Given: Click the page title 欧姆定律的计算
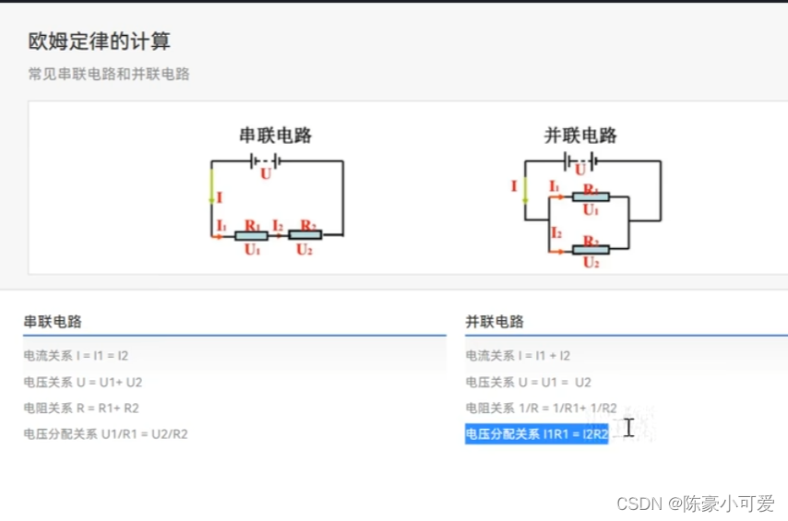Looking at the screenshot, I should pos(99,41).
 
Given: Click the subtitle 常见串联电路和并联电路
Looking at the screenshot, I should pos(109,74).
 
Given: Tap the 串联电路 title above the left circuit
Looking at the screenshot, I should pos(276,136).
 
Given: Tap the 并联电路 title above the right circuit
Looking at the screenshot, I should pos(580,136).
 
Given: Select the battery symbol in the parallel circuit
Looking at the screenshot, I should pos(580,161).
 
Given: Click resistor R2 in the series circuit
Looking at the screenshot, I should pos(305,235).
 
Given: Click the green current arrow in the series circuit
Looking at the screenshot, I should pos(211,184).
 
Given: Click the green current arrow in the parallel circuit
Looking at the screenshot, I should pos(525,190).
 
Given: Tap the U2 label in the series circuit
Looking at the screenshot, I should pos(304,249).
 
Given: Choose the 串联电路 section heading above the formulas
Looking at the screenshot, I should pos(53,322).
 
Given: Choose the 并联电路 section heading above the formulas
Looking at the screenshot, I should pos(495,322).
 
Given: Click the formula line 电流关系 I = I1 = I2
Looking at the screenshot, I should pos(83,355).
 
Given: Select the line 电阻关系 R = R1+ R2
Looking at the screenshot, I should pos(81,408).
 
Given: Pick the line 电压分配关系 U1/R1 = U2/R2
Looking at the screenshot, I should pos(105,433).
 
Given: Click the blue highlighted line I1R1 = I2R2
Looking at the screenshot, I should pos(537,434).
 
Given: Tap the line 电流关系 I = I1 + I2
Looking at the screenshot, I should pos(518,355).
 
